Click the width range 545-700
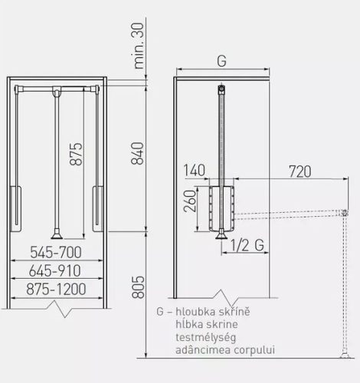click(x=57, y=251)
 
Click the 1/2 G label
click(x=250, y=245)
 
